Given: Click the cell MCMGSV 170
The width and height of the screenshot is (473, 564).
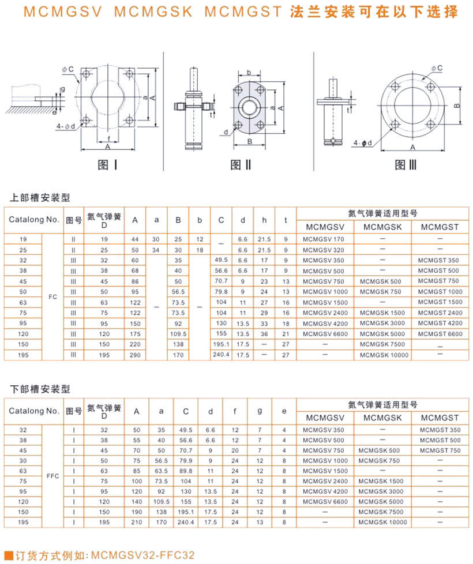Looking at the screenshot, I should [x=323, y=239].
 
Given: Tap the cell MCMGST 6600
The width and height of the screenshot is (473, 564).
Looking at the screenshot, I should [x=440, y=334].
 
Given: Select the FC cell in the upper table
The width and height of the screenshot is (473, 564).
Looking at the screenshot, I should [x=52, y=297].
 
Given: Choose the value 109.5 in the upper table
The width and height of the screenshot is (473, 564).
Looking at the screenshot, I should [x=178, y=334].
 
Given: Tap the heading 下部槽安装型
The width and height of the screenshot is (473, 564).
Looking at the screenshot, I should [x=41, y=389].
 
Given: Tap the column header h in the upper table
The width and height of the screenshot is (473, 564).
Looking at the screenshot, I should [x=264, y=220].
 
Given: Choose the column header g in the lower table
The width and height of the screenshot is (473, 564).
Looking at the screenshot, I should [x=260, y=411].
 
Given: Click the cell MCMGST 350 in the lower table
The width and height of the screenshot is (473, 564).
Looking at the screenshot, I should [x=440, y=430].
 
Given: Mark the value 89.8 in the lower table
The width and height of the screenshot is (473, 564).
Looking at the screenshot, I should [x=186, y=470].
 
